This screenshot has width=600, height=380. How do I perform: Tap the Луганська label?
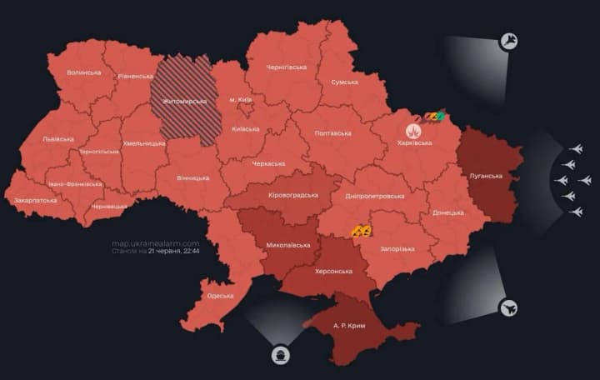[487, 177]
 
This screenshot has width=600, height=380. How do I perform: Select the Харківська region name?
[414, 143]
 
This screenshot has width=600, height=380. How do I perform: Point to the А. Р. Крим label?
[352, 323]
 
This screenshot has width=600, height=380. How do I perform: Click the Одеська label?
[220, 296]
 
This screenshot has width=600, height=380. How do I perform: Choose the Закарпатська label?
[36, 201]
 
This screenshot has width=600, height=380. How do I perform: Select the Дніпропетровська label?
[374, 196]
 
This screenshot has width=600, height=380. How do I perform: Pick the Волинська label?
[83, 72]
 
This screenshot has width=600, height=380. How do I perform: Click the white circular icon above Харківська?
[413, 131]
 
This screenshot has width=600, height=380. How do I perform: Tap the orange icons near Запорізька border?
[361, 230]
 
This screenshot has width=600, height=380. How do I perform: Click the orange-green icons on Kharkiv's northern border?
[432, 117]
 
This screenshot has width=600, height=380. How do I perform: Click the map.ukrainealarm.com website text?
[156, 243]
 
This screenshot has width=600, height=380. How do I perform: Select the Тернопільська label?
[99, 152]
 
